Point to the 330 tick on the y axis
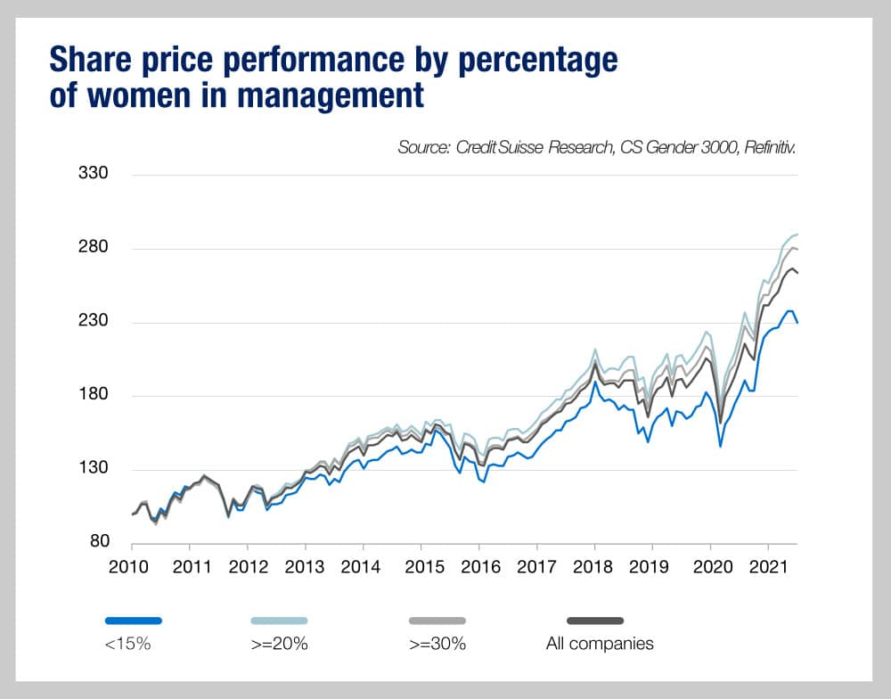point(94,173)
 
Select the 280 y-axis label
point(94,247)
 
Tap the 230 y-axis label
point(94,321)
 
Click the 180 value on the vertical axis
point(94,395)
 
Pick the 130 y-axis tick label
point(94,469)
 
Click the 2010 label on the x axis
point(132,566)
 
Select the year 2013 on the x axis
point(306,566)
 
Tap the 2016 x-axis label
point(478,566)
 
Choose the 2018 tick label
point(594,566)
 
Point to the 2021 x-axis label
point(768,566)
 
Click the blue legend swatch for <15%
point(133,620)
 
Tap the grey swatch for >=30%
point(436,620)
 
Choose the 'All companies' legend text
point(600,644)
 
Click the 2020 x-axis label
point(710,566)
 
